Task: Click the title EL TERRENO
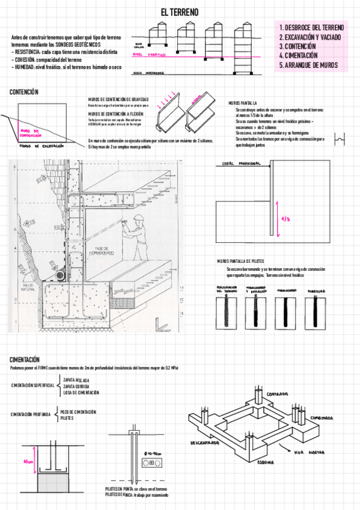(179, 12)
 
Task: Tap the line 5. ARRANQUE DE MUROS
(311, 65)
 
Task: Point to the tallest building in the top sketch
(243, 45)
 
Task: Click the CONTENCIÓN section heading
(24, 92)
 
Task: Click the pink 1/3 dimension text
(285, 220)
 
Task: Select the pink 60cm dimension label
(28, 462)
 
